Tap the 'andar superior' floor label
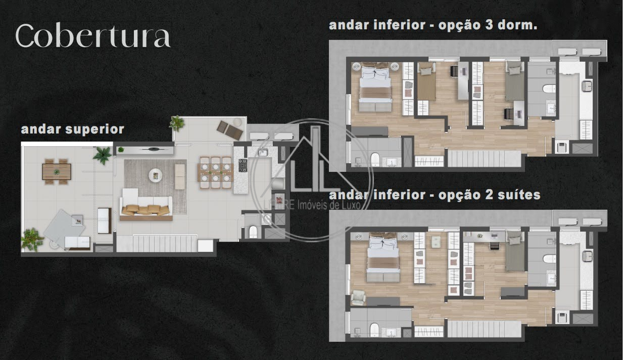[x=72, y=129]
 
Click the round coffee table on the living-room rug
[x=156, y=175]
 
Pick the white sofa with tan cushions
[x=146, y=206]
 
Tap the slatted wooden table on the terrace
[x=56, y=169]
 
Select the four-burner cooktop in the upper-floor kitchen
[x=243, y=166]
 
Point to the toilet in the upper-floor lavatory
[x=253, y=232]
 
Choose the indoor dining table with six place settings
[x=215, y=172]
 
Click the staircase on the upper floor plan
[x=158, y=243]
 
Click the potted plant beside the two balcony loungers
[x=177, y=122]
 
